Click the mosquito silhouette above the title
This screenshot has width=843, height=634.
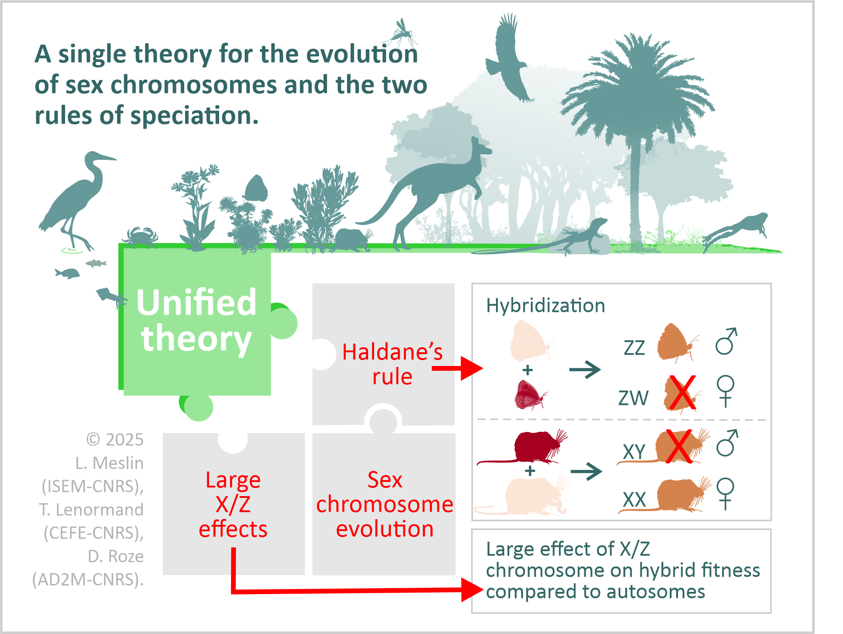[x=401, y=32]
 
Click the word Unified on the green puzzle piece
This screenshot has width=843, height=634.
[x=196, y=302]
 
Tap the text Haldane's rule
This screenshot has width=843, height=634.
[x=392, y=364]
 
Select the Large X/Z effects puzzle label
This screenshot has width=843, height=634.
[x=233, y=504]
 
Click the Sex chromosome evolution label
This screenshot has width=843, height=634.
[x=385, y=504]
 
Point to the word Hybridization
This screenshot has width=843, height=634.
[x=545, y=306]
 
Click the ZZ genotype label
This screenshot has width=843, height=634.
[x=634, y=348]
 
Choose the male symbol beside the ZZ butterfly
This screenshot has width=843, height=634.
[x=726, y=341]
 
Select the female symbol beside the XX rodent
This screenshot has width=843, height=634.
[x=725, y=494]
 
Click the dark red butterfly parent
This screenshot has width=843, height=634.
[x=530, y=395]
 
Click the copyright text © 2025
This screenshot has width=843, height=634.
[x=115, y=440]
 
